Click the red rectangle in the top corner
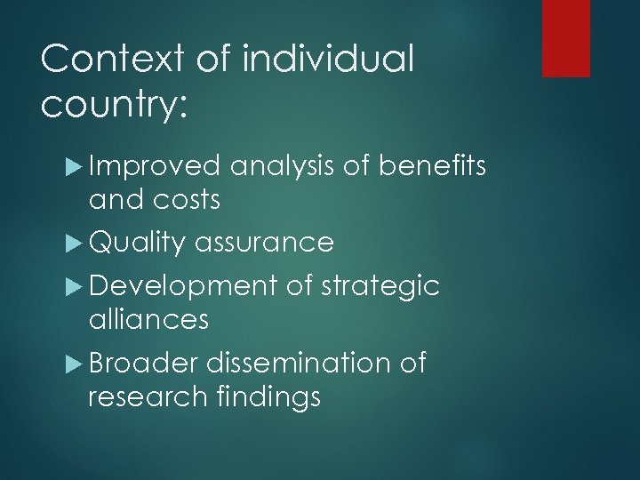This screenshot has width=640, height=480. [x=566, y=37]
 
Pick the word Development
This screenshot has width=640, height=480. [x=183, y=286]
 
